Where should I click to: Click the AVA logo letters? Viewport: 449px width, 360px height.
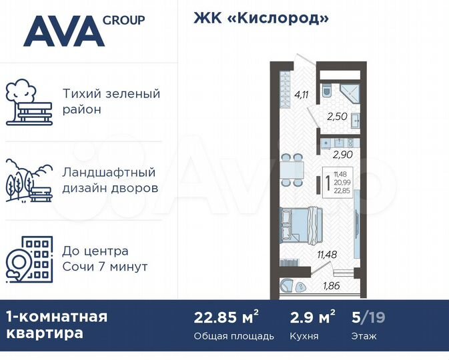point(64,31)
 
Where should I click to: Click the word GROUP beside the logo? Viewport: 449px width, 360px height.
point(123,20)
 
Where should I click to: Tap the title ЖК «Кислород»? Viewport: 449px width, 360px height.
point(261,18)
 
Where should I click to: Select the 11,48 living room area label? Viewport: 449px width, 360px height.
point(327,253)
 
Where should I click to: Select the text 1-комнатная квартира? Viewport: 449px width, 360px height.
point(56,324)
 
